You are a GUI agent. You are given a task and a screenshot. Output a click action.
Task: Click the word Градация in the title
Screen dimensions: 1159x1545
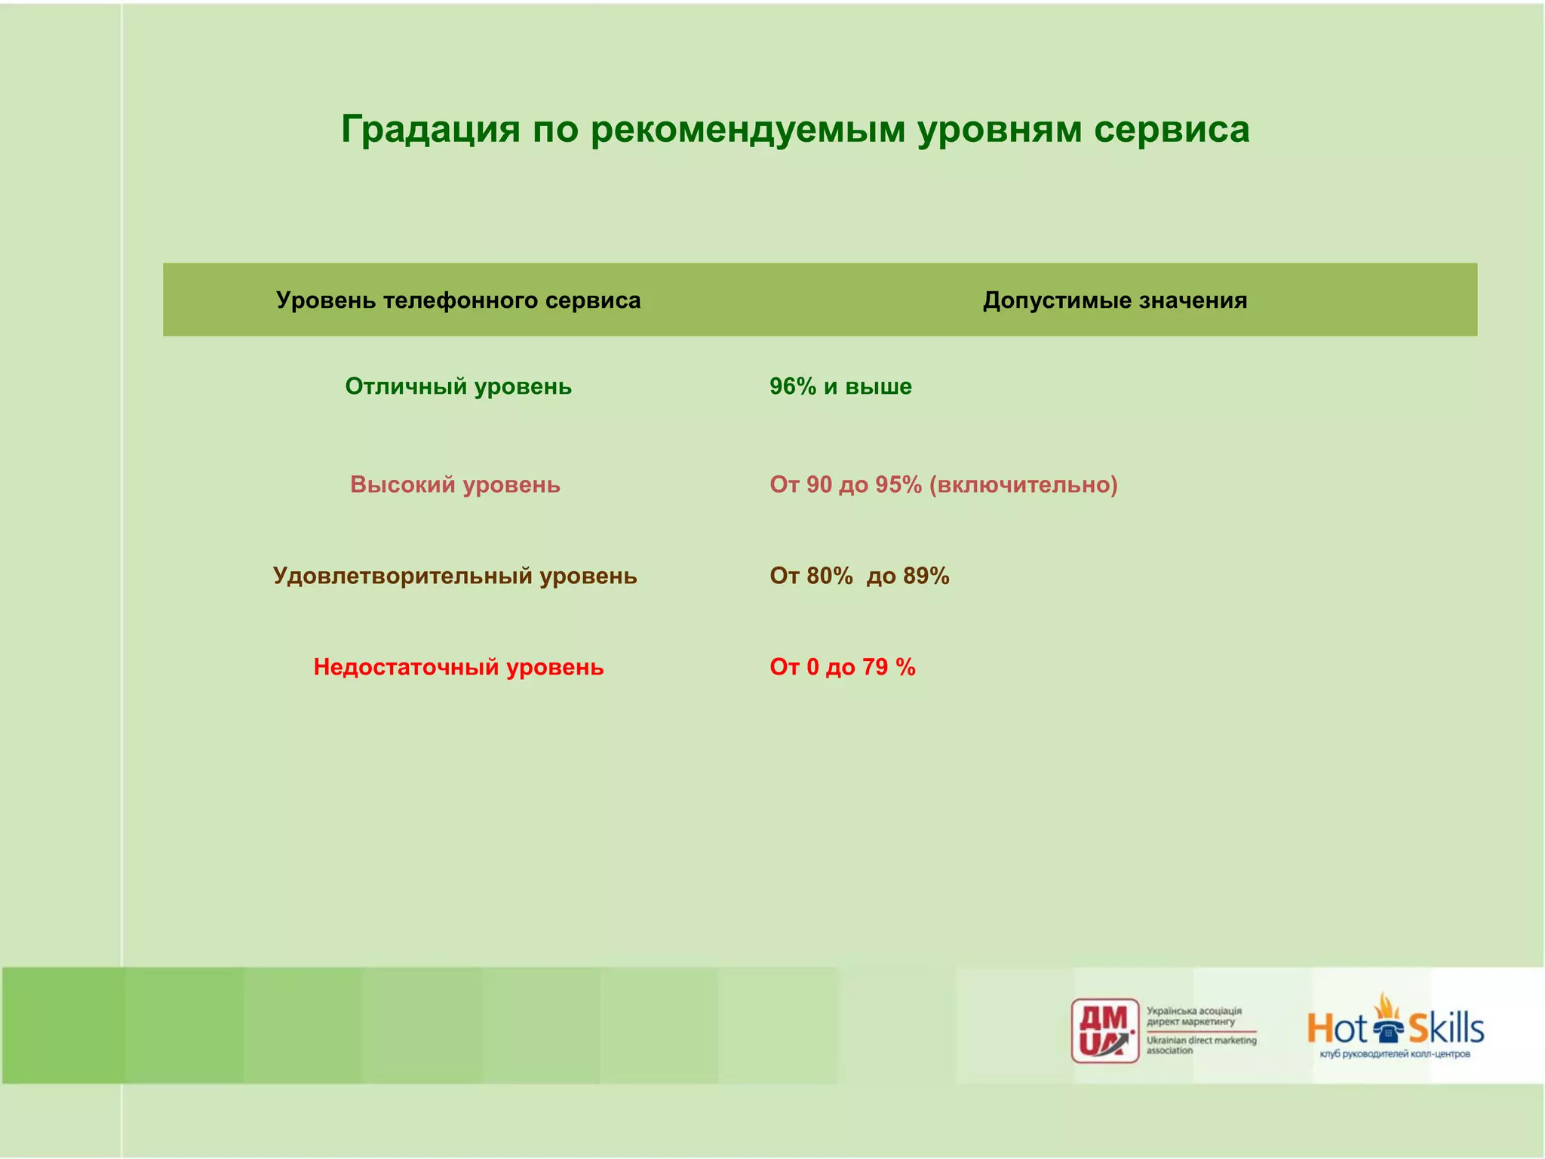430,130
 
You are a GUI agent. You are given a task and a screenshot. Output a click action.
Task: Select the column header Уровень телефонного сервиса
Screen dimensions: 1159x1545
458,300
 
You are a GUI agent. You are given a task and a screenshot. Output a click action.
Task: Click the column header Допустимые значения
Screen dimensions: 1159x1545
1114,300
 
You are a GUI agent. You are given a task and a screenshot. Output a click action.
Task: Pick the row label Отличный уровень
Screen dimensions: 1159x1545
458,386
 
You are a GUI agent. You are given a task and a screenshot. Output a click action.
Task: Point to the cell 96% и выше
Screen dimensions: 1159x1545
840,386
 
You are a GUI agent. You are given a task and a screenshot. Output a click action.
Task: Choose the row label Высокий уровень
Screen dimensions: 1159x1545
455,484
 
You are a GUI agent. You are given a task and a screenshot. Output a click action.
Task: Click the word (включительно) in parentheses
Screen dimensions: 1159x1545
1023,484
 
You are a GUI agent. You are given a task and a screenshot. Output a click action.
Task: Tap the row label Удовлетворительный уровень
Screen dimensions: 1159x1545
455,576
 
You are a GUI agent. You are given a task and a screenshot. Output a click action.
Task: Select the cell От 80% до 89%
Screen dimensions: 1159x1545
859,576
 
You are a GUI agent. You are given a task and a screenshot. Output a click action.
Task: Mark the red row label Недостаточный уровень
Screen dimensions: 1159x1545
458,667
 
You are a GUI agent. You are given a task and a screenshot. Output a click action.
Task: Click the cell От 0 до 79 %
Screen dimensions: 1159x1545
842,667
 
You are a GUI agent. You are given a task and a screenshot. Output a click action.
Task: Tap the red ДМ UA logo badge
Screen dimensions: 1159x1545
1105,1031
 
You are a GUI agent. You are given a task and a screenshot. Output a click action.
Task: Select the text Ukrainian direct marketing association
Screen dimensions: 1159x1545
1201,1045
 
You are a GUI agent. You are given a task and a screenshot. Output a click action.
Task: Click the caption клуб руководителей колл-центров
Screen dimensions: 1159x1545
1395,1054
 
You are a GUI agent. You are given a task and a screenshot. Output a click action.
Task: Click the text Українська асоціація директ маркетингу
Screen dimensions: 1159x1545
1193,1016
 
